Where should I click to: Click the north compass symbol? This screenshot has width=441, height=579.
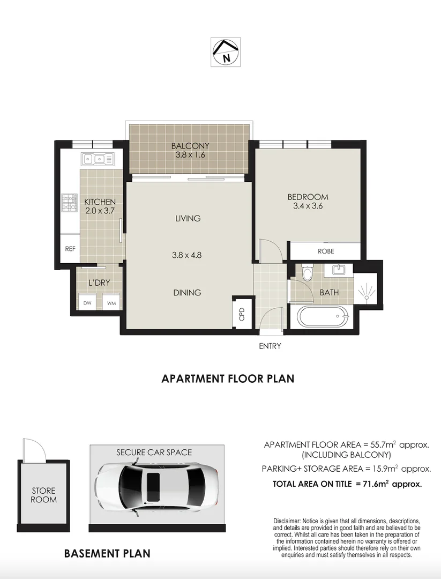226,51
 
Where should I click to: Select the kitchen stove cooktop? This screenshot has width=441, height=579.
69,202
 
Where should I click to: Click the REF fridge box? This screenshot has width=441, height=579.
70,249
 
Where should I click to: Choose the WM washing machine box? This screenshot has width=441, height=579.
112,303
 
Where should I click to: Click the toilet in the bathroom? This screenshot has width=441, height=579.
307,273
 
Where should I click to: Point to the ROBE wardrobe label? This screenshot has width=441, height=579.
326,250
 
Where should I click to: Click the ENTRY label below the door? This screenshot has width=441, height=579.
270,346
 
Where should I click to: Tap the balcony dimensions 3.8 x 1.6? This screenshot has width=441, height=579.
190,155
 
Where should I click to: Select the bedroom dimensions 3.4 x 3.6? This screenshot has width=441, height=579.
308,206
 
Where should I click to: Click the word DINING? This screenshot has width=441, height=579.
187,293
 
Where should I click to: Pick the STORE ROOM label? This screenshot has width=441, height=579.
43,495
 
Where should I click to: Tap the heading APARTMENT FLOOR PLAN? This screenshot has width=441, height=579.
228,379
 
